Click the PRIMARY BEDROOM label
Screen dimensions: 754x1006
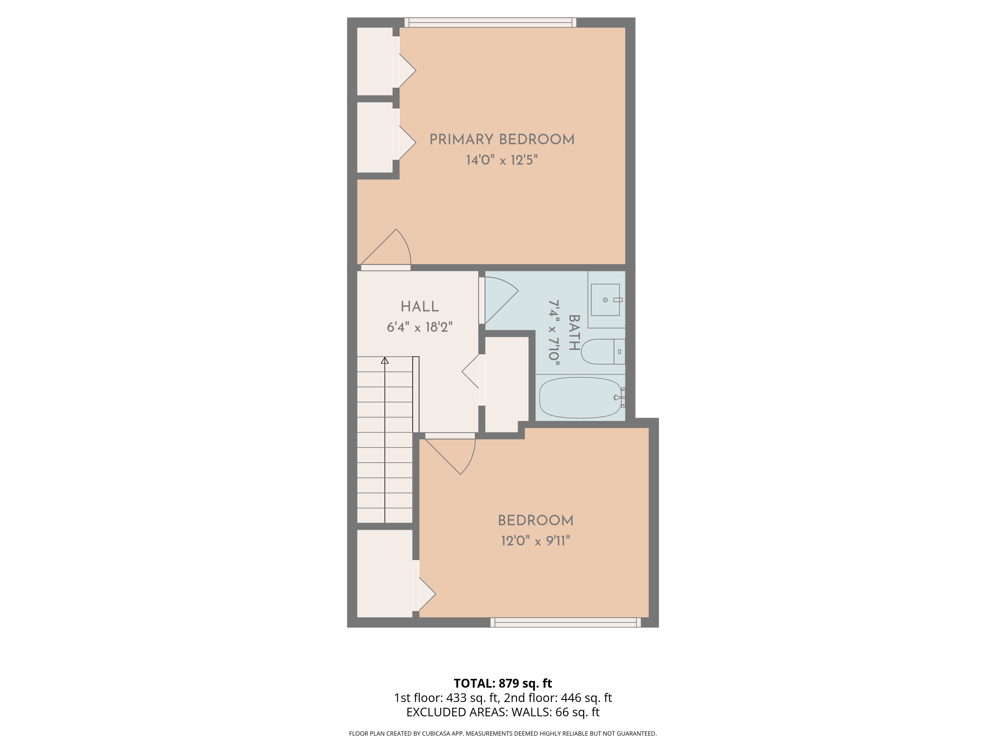tap(502, 139)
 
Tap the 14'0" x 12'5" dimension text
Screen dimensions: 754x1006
tap(502, 160)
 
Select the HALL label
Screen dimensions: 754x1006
tap(419, 307)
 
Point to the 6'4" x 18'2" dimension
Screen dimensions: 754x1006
tap(419, 327)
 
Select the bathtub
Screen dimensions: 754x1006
tap(580, 398)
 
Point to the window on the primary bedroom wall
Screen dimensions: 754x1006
tap(490, 22)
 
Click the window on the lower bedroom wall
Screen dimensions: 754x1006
tap(565, 622)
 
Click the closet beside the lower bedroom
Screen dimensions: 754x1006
tap(384, 574)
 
